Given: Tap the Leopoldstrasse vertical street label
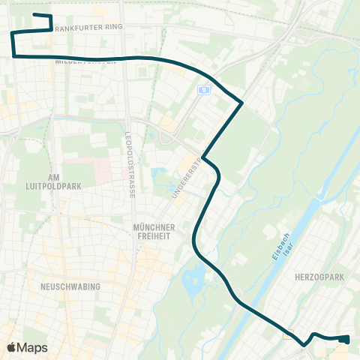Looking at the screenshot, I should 131,163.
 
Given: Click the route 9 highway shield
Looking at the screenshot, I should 202,89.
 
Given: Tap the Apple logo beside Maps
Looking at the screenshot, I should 11,347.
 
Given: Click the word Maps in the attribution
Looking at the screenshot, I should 33,347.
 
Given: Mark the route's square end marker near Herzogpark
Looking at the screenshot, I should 344,339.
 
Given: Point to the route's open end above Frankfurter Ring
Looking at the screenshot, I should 35,14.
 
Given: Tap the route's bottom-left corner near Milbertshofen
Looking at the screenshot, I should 14,55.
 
